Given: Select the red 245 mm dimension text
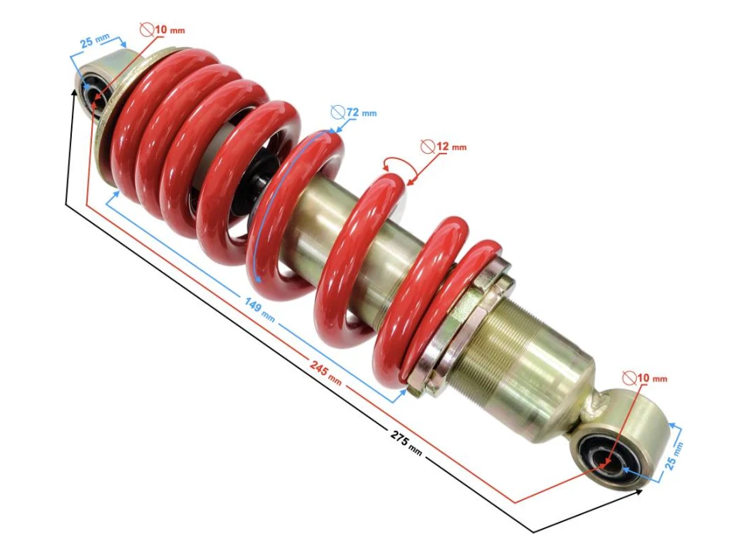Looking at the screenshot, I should [x=326, y=370].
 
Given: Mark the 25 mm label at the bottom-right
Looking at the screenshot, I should [x=675, y=456].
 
